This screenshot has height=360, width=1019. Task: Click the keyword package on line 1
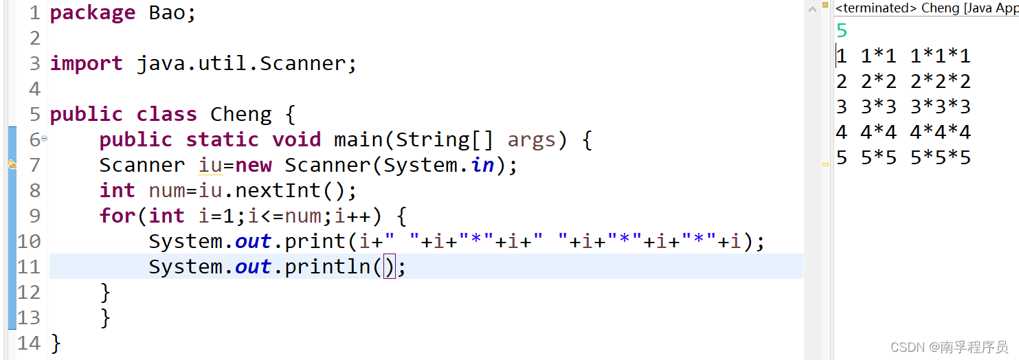[x=92, y=13]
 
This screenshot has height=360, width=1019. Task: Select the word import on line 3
[x=86, y=63]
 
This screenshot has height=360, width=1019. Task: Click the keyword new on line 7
[x=253, y=165]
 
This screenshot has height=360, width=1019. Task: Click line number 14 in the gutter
[x=29, y=343]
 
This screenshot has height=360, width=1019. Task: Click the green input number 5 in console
[x=842, y=31]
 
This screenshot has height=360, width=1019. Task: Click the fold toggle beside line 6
[x=45, y=139]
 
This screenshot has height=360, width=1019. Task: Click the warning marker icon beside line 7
[x=12, y=165]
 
